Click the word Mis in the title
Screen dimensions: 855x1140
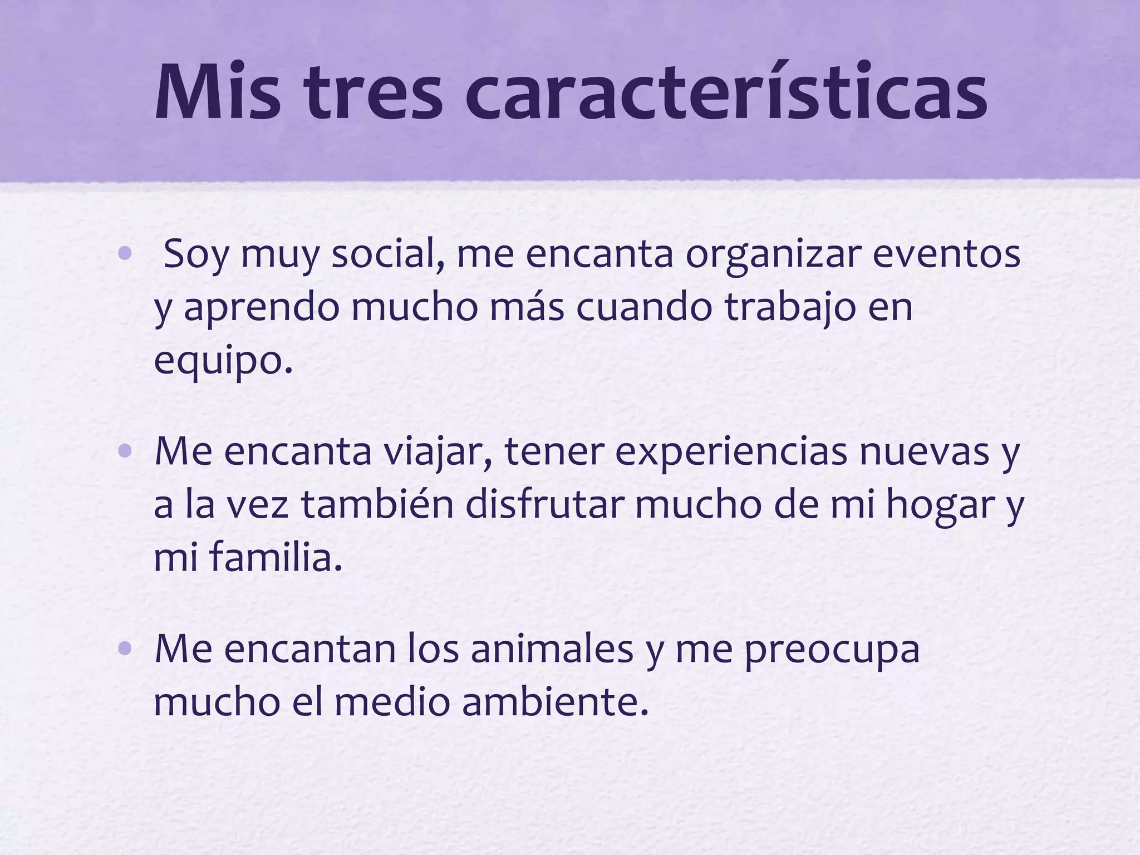tap(218, 92)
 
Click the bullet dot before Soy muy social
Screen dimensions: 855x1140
tap(125, 254)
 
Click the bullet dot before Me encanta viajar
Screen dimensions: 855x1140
tap(125, 451)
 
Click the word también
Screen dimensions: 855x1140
tap(378, 505)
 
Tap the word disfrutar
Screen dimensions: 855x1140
tap(545, 505)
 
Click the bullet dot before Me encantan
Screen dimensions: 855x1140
tap(125, 649)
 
